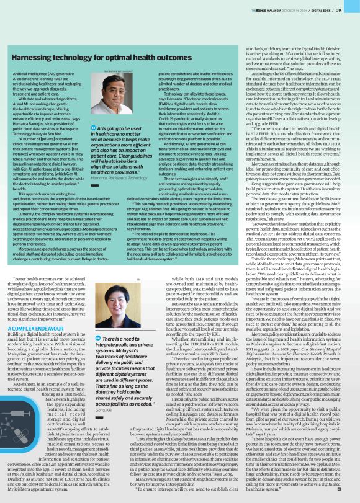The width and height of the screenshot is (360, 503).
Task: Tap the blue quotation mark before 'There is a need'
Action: tap(98, 354)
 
